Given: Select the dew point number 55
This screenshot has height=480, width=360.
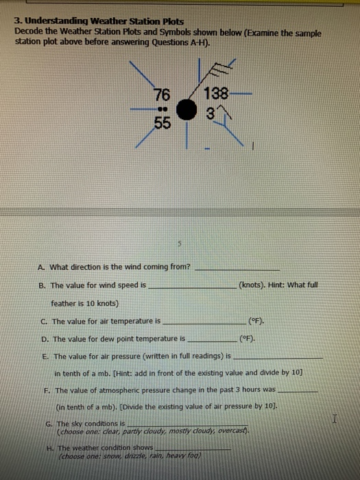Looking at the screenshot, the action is coord(162,124).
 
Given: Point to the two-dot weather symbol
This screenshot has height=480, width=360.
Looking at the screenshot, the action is coord(163,109).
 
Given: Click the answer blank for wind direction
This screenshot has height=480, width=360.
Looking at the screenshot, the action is coord(237,268).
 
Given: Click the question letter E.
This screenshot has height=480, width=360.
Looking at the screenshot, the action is coord(45,357).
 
